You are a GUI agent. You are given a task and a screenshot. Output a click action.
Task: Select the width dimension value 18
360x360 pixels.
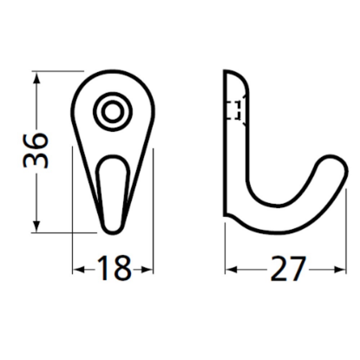pos(112,269)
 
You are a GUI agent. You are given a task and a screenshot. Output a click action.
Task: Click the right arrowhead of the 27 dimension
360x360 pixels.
pos(337,270)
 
